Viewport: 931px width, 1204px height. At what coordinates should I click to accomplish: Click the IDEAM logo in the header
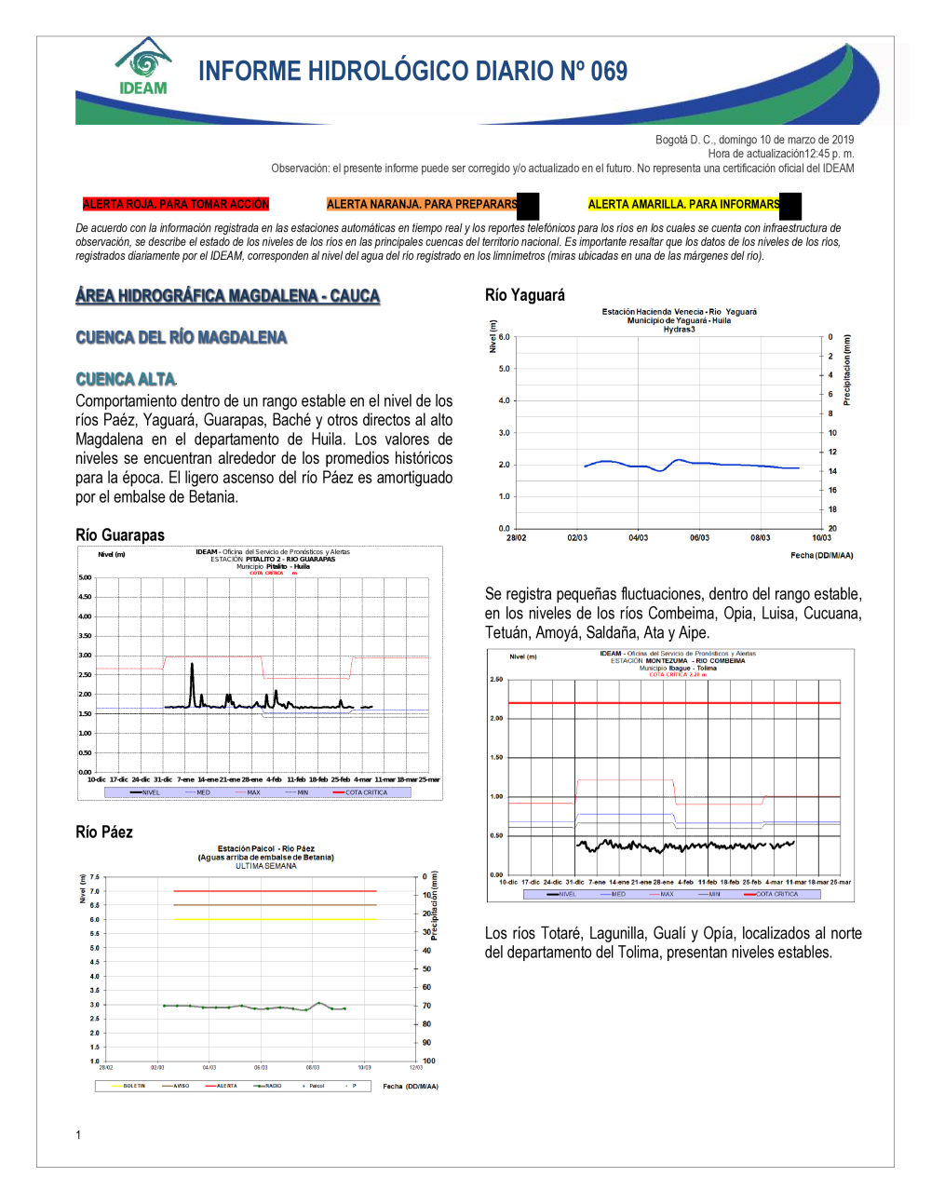pos(143,67)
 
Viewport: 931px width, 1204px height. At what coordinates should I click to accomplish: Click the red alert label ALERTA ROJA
pos(175,204)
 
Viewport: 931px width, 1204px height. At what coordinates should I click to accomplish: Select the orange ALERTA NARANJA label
pos(422,204)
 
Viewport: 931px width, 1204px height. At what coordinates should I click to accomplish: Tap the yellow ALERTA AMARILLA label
pos(683,204)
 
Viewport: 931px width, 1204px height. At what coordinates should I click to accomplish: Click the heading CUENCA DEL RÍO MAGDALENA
pos(182,337)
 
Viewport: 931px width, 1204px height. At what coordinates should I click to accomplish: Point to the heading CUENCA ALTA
pos(126,379)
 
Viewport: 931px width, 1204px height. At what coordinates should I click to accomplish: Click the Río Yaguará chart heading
pos(525,295)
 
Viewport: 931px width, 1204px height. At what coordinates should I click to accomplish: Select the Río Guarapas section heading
pos(120,534)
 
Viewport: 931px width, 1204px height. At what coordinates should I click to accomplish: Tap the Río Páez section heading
pos(104,832)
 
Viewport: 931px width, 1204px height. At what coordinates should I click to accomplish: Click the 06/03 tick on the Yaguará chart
pos(699,537)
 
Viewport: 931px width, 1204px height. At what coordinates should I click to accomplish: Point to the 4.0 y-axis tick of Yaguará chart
pos(505,400)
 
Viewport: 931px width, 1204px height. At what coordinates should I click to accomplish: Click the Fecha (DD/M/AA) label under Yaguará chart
pos(821,555)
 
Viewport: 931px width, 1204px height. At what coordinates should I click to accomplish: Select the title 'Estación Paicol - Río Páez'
pos(265,848)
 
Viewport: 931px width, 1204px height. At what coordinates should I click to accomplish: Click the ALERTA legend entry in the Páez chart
pos(226,1086)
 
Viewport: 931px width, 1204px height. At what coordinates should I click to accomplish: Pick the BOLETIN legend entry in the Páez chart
pos(134,1086)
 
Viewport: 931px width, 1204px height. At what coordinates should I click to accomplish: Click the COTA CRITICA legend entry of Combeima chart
pos(776,894)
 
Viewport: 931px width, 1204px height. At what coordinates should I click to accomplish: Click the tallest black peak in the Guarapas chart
pos(193,665)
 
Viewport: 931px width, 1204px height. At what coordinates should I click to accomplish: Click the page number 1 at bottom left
pos(78,1134)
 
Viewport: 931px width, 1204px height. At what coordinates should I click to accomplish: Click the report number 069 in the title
pos(609,72)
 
